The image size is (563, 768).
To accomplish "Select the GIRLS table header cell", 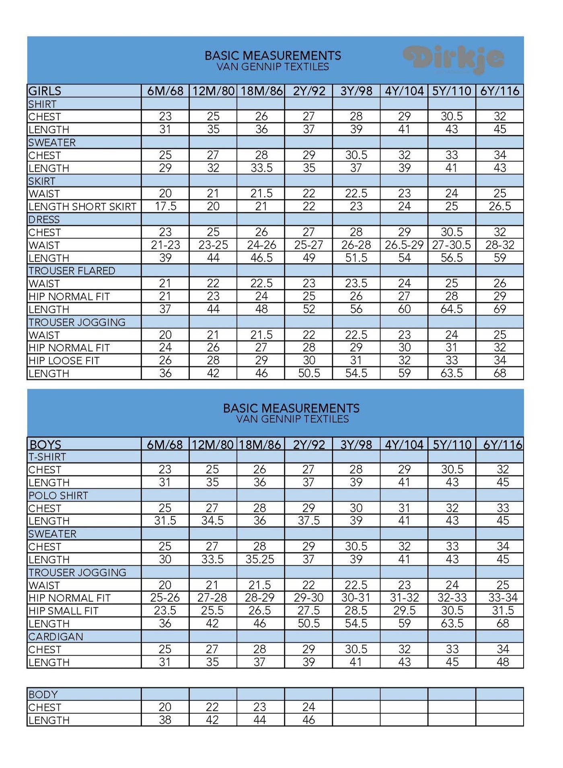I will click(x=45, y=91).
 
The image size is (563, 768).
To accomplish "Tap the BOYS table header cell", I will click(x=45, y=445).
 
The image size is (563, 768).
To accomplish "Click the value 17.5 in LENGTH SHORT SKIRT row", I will click(x=165, y=206).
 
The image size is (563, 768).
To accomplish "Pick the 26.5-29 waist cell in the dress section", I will click(x=404, y=245).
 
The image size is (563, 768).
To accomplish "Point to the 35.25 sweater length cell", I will click(x=260, y=559).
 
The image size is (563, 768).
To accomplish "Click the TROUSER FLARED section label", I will click(x=72, y=271).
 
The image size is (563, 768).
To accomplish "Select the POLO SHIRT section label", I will click(x=58, y=495).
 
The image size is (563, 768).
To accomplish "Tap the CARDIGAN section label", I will click(x=56, y=636).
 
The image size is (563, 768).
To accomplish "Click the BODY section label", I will click(x=43, y=694).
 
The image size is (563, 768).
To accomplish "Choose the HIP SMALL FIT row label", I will click(x=64, y=611).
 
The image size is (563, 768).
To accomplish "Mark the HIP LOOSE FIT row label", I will click(x=64, y=360).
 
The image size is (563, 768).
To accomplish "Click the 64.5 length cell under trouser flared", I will click(x=452, y=309).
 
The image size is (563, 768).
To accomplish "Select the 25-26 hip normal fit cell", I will click(x=165, y=598).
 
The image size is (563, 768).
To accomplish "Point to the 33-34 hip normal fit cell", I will click(x=503, y=598).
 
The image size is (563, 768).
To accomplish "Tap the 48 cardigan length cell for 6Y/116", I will click(x=503, y=662).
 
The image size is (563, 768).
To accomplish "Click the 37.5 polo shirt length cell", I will click(x=308, y=521).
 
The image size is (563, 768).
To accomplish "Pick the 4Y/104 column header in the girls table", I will click(x=404, y=91).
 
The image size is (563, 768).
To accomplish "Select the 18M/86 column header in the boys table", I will click(x=260, y=445).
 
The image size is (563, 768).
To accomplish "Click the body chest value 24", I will click(x=308, y=707).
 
